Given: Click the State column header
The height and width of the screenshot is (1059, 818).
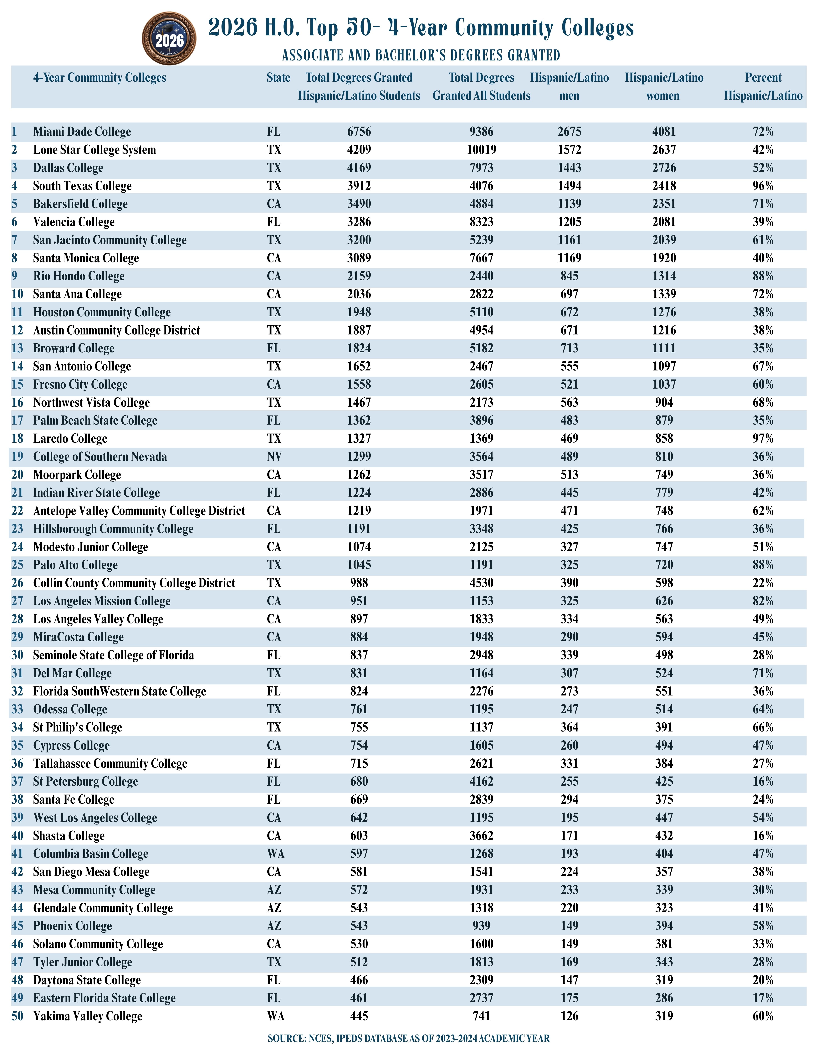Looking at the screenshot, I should (x=278, y=78).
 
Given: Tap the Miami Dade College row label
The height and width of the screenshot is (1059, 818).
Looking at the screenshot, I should (x=82, y=132).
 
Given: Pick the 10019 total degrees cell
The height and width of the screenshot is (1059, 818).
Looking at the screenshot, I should (x=481, y=150).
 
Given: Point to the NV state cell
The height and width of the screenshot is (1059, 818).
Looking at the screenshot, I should (x=274, y=457).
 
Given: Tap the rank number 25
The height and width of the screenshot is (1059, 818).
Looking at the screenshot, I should (x=18, y=565).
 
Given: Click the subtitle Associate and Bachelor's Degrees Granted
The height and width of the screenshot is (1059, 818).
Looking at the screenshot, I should (x=421, y=55).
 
